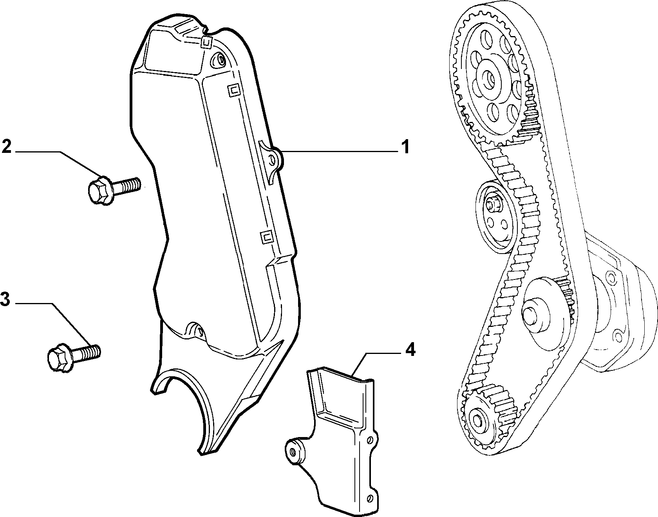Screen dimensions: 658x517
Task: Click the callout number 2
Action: pos(7,146)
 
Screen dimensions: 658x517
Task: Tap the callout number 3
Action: pos(5,299)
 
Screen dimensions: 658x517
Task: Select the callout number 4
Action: pos(410,350)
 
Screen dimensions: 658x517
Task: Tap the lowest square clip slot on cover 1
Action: pos(267,237)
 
